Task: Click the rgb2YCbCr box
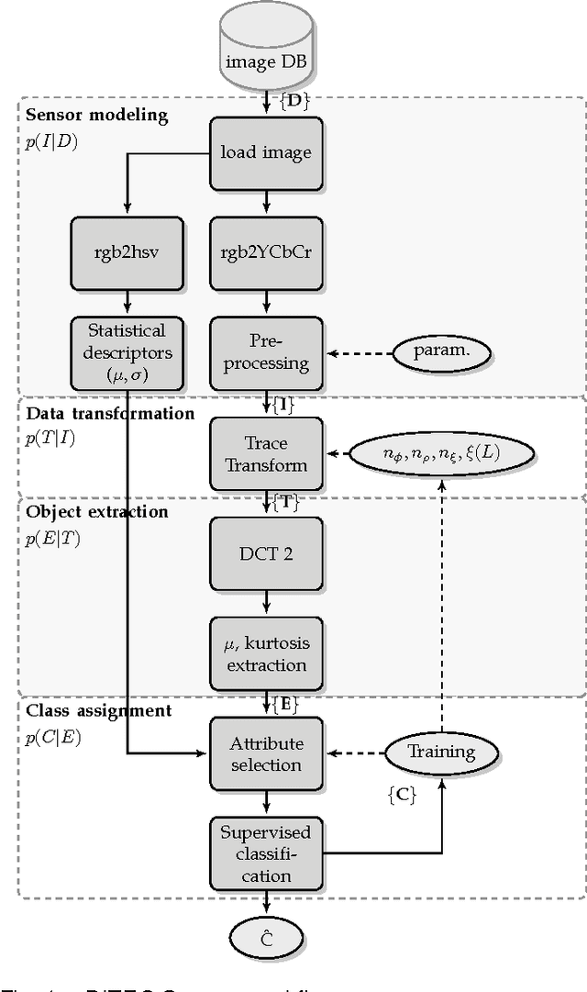pos(266,253)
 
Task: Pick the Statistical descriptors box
pos(127,351)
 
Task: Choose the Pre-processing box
pos(266,351)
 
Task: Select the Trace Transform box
pos(266,453)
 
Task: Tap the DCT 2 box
pos(266,553)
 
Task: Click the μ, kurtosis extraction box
pos(266,652)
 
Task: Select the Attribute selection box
pos(266,753)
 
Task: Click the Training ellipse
pos(442,752)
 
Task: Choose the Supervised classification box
pos(266,854)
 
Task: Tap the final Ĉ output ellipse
pos(266,939)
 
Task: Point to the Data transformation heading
pos(110,413)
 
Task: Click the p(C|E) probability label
pos(53,735)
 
